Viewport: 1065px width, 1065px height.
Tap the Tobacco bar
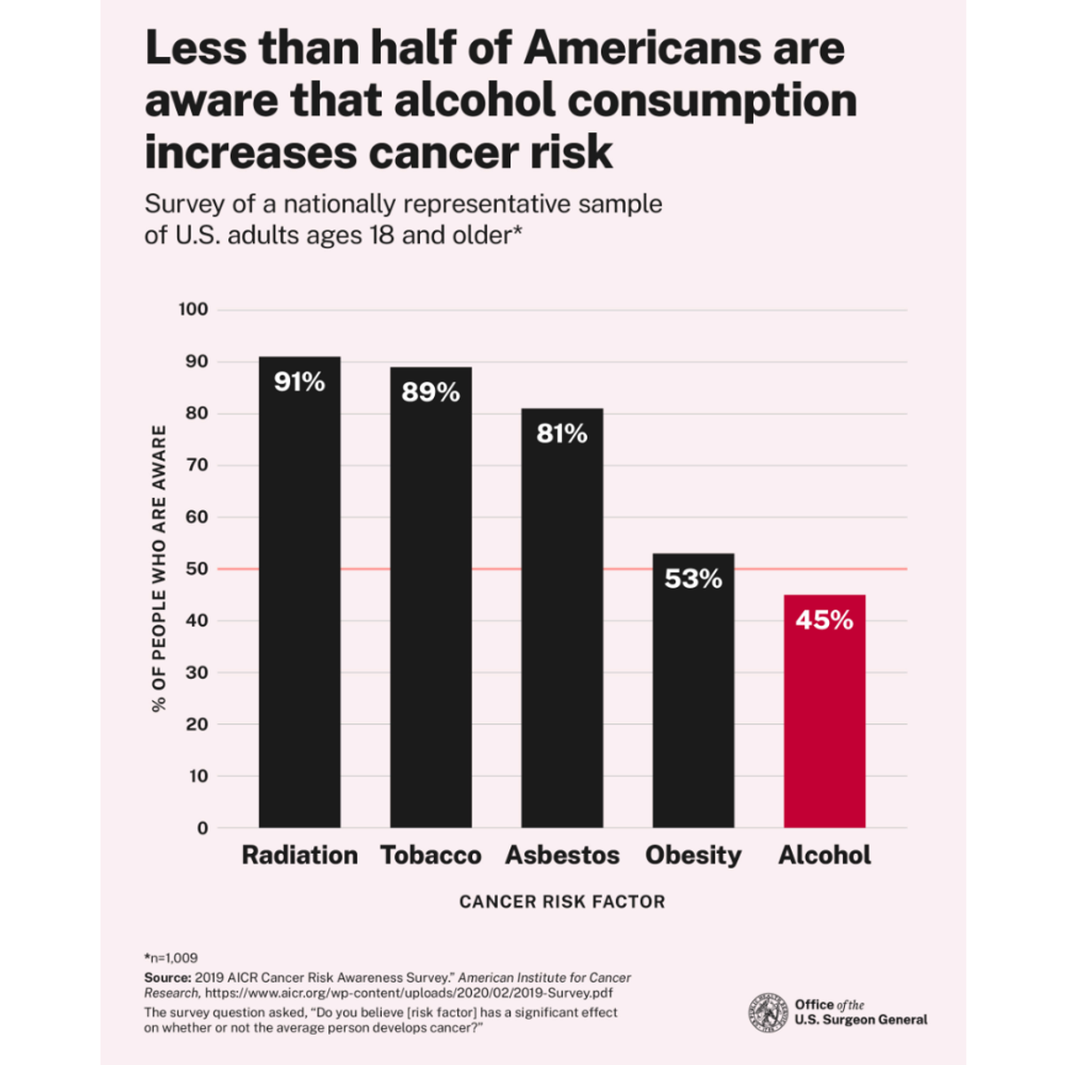(x=430, y=612)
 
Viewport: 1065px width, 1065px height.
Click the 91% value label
(x=299, y=383)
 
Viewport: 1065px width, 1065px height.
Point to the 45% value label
(x=824, y=619)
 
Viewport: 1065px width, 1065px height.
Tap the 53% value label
(x=693, y=579)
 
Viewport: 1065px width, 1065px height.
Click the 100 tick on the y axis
(x=193, y=310)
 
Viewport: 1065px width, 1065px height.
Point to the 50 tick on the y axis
(x=197, y=569)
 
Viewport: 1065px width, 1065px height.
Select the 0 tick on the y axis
(x=202, y=828)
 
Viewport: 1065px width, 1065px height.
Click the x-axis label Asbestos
(x=562, y=856)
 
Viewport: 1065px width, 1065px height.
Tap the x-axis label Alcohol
(x=824, y=856)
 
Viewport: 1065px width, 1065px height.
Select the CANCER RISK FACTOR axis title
(x=562, y=902)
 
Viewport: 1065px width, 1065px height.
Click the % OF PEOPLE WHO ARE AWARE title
(x=159, y=568)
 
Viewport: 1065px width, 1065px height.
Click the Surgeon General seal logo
(x=768, y=1013)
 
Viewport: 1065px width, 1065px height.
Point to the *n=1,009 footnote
(x=171, y=958)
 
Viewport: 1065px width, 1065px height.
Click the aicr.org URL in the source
(x=408, y=993)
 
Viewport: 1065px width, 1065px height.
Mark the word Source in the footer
(x=167, y=977)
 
